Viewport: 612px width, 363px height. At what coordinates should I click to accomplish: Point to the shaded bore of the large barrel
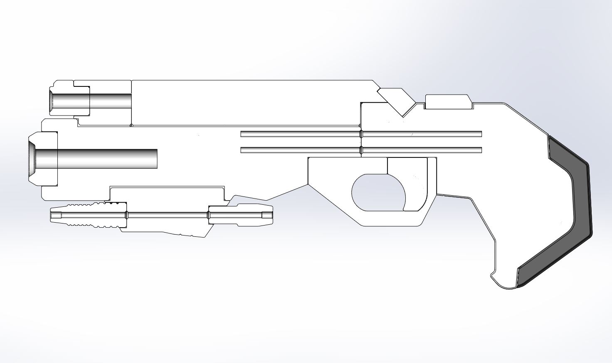[104, 159]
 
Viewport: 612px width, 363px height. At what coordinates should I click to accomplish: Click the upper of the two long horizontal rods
[299, 134]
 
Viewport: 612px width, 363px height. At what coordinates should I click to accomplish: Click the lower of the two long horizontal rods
[299, 150]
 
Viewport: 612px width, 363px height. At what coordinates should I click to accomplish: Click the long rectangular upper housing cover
[249, 102]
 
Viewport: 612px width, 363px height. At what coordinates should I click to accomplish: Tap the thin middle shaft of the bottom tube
[166, 215]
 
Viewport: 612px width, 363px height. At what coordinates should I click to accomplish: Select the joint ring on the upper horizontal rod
[361, 134]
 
